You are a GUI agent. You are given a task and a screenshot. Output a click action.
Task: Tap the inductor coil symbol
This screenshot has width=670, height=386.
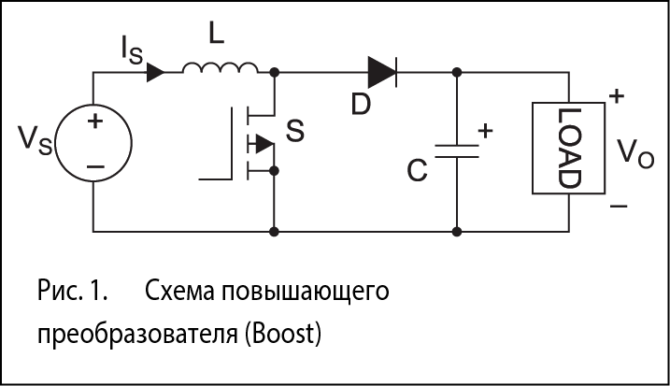click(x=221, y=68)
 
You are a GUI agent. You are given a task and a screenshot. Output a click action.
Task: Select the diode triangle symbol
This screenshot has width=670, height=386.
click(x=383, y=71)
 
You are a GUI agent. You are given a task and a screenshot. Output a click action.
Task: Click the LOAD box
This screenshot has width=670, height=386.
click(x=569, y=147)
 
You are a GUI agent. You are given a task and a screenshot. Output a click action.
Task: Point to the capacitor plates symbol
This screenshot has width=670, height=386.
click(x=456, y=150)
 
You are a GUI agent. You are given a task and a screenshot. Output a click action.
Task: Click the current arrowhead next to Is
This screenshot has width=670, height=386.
click(x=155, y=71)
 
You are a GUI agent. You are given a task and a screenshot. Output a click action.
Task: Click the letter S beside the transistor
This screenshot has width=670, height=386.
click(x=295, y=132)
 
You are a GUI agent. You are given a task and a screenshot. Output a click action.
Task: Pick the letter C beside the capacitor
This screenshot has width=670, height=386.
click(x=417, y=171)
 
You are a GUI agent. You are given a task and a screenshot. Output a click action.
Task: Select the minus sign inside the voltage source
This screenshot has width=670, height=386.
click(x=94, y=166)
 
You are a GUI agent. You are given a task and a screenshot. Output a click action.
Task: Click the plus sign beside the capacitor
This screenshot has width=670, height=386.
click(x=485, y=132)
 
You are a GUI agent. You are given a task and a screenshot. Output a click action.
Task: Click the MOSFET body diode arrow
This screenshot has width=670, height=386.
click(x=264, y=144)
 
